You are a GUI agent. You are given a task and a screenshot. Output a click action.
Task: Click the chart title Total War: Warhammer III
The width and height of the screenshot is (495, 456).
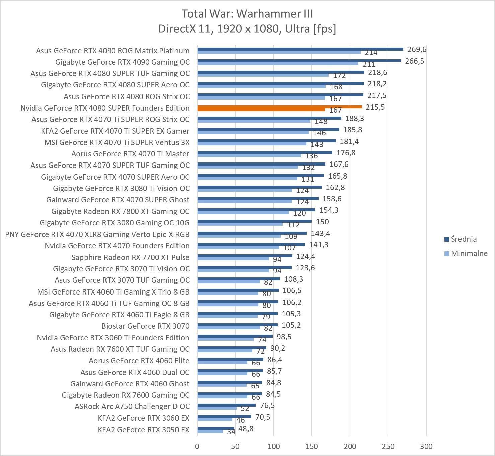[x=247, y=14]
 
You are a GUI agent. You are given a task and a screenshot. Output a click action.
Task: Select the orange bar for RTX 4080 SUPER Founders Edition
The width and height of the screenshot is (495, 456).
[x=279, y=107]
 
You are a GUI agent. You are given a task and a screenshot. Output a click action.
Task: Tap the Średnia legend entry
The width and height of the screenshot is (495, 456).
[x=464, y=239]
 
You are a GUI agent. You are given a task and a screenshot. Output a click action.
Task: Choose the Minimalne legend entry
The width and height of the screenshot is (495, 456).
[x=469, y=253]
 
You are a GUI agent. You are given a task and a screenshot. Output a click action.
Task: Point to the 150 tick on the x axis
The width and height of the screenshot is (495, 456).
[x=312, y=446]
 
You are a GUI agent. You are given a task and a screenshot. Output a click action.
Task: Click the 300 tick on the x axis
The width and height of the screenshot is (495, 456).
[x=426, y=446]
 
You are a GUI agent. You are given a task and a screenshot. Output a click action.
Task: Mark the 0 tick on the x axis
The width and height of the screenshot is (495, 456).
[x=197, y=446]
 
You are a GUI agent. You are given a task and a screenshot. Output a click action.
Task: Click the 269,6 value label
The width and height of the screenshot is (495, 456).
[x=417, y=50]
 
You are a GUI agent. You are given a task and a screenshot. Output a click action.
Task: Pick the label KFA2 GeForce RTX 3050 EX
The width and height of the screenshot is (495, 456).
[x=143, y=430]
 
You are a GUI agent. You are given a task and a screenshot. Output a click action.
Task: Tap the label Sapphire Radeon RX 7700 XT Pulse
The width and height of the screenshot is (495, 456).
[x=130, y=257]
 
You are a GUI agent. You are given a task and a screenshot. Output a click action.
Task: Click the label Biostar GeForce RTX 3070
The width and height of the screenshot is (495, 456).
[x=145, y=326]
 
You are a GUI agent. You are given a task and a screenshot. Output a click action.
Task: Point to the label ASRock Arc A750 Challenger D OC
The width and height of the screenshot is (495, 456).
[x=132, y=406]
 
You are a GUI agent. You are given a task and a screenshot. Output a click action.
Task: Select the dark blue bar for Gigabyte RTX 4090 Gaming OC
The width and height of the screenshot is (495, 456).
[x=299, y=61]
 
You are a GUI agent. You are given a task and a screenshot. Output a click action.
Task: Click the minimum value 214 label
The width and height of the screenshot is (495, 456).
[x=371, y=53]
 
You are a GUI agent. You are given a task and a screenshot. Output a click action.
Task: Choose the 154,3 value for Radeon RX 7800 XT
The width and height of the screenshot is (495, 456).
[x=329, y=210]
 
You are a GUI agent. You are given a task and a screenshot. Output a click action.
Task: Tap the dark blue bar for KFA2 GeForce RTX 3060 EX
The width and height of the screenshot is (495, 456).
[x=224, y=417]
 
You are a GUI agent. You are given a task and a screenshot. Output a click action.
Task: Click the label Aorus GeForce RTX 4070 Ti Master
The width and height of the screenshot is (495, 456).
[x=130, y=154]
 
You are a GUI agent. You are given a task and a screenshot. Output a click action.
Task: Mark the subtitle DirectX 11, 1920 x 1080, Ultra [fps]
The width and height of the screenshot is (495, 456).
[x=247, y=29]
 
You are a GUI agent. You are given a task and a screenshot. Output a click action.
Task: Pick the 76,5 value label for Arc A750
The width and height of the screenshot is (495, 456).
[x=267, y=405]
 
